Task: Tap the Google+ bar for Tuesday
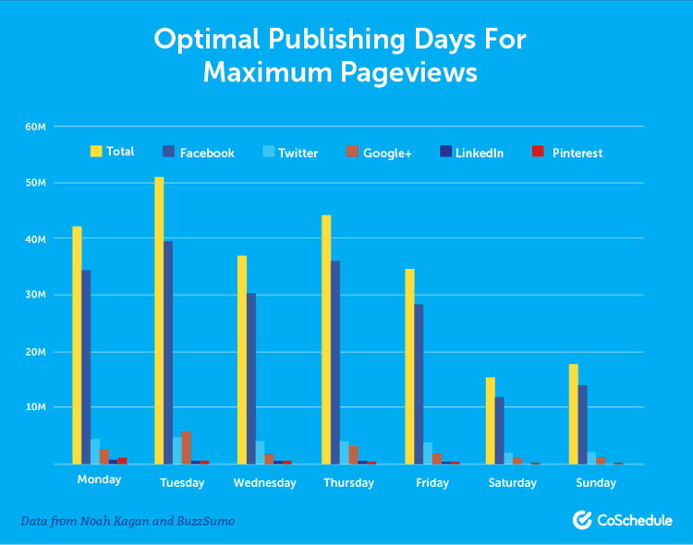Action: pyautogui.click(x=187, y=447)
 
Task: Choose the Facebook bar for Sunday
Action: pyautogui.click(x=582, y=424)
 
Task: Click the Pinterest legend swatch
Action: pyautogui.click(x=538, y=151)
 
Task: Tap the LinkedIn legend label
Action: pyautogui.click(x=479, y=152)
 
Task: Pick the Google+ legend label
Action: pyautogui.click(x=387, y=152)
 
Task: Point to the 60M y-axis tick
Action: pyautogui.click(x=36, y=126)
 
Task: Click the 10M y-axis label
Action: pyautogui.click(x=36, y=407)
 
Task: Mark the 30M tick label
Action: pyautogui.click(x=36, y=295)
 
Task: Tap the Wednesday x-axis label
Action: pyautogui.click(x=265, y=483)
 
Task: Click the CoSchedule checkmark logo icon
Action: pyautogui.click(x=582, y=520)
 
